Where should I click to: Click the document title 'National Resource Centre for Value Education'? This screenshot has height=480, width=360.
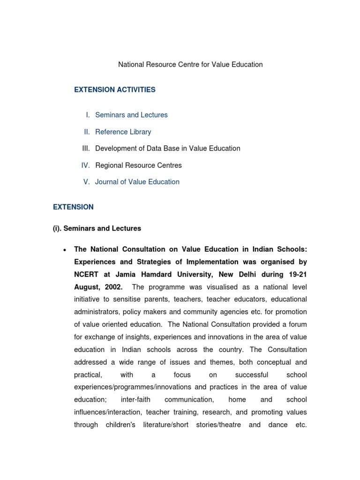pyautogui.click(x=190, y=65)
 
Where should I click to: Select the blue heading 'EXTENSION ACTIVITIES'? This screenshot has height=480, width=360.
pyautogui.click(x=114, y=90)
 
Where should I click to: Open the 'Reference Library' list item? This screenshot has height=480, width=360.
pyautogui.click(x=123, y=132)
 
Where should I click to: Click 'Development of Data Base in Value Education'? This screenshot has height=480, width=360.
pyautogui.click(x=167, y=149)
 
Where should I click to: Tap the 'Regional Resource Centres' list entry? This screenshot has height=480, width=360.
pyautogui.click(x=138, y=165)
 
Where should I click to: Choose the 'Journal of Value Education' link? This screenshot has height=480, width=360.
pyautogui.click(x=137, y=182)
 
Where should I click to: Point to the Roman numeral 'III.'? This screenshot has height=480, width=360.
pyautogui.click(x=85, y=149)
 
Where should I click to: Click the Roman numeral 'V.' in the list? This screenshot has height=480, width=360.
pyautogui.click(x=86, y=182)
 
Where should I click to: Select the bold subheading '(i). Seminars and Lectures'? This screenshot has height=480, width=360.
pyautogui.click(x=97, y=229)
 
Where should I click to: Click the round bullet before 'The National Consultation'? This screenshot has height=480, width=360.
pyautogui.click(x=63, y=250)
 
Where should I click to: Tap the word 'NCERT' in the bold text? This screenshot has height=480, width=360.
pyautogui.click(x=87, y=274)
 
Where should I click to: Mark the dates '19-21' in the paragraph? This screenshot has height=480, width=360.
pyautogui.click(x=297, y=274)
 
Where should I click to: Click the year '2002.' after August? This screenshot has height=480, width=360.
pyautogui.click(x=113, y=287)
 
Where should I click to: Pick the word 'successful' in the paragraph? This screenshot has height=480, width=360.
pyautogui.click(x=252, y=375)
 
